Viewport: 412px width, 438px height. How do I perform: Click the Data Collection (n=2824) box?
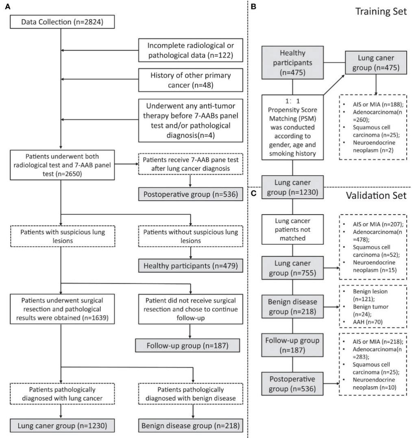pyautogui.click(x=62, y=22)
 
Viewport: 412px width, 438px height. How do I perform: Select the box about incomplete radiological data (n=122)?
pyautogui.click(x=190, y=50)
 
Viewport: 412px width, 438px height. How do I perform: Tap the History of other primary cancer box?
pyautogui.click(x=190, y=80)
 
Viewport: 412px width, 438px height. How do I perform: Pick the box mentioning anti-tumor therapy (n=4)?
pyautogui.click(x=190, y=120)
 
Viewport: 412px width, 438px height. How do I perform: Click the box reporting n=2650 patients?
pyautogui.click(x=62, y=165)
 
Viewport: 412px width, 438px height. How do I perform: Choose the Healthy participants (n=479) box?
pyautogui.click(x=190, y=266)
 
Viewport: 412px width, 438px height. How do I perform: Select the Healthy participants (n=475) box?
pyautogui.click(x=292, y=63)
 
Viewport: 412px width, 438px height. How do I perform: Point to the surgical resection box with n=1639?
pyautogui.click(x=62, y=309)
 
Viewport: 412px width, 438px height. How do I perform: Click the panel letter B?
pyautogui.click(x=253, y=7)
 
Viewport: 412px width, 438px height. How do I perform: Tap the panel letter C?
pyautogui.click(x=254, y=193)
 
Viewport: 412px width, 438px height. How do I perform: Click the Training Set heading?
pyautogui.click(x=381, y=11)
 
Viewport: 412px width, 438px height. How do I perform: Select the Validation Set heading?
pyautogui.click(x=376, y=195)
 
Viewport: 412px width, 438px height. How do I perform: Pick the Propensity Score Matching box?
pyautogui.click(x=292, y=128)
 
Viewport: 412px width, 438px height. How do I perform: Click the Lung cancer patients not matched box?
pyautogui.click(x=292, y=229)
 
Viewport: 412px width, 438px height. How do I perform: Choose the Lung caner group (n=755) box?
pyautogui.click(x=292, y=268)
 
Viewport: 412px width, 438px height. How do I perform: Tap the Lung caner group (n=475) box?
pyautogui.click(x=376, y=63)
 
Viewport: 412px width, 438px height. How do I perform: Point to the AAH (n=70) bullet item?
pyautogui.click(x=368, y=322)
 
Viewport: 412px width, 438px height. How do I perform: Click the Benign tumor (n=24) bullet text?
pyautogui.click(x=371, y=310)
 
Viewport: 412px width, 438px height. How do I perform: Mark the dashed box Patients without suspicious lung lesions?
pyautogui.click(x=190, y=236)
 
